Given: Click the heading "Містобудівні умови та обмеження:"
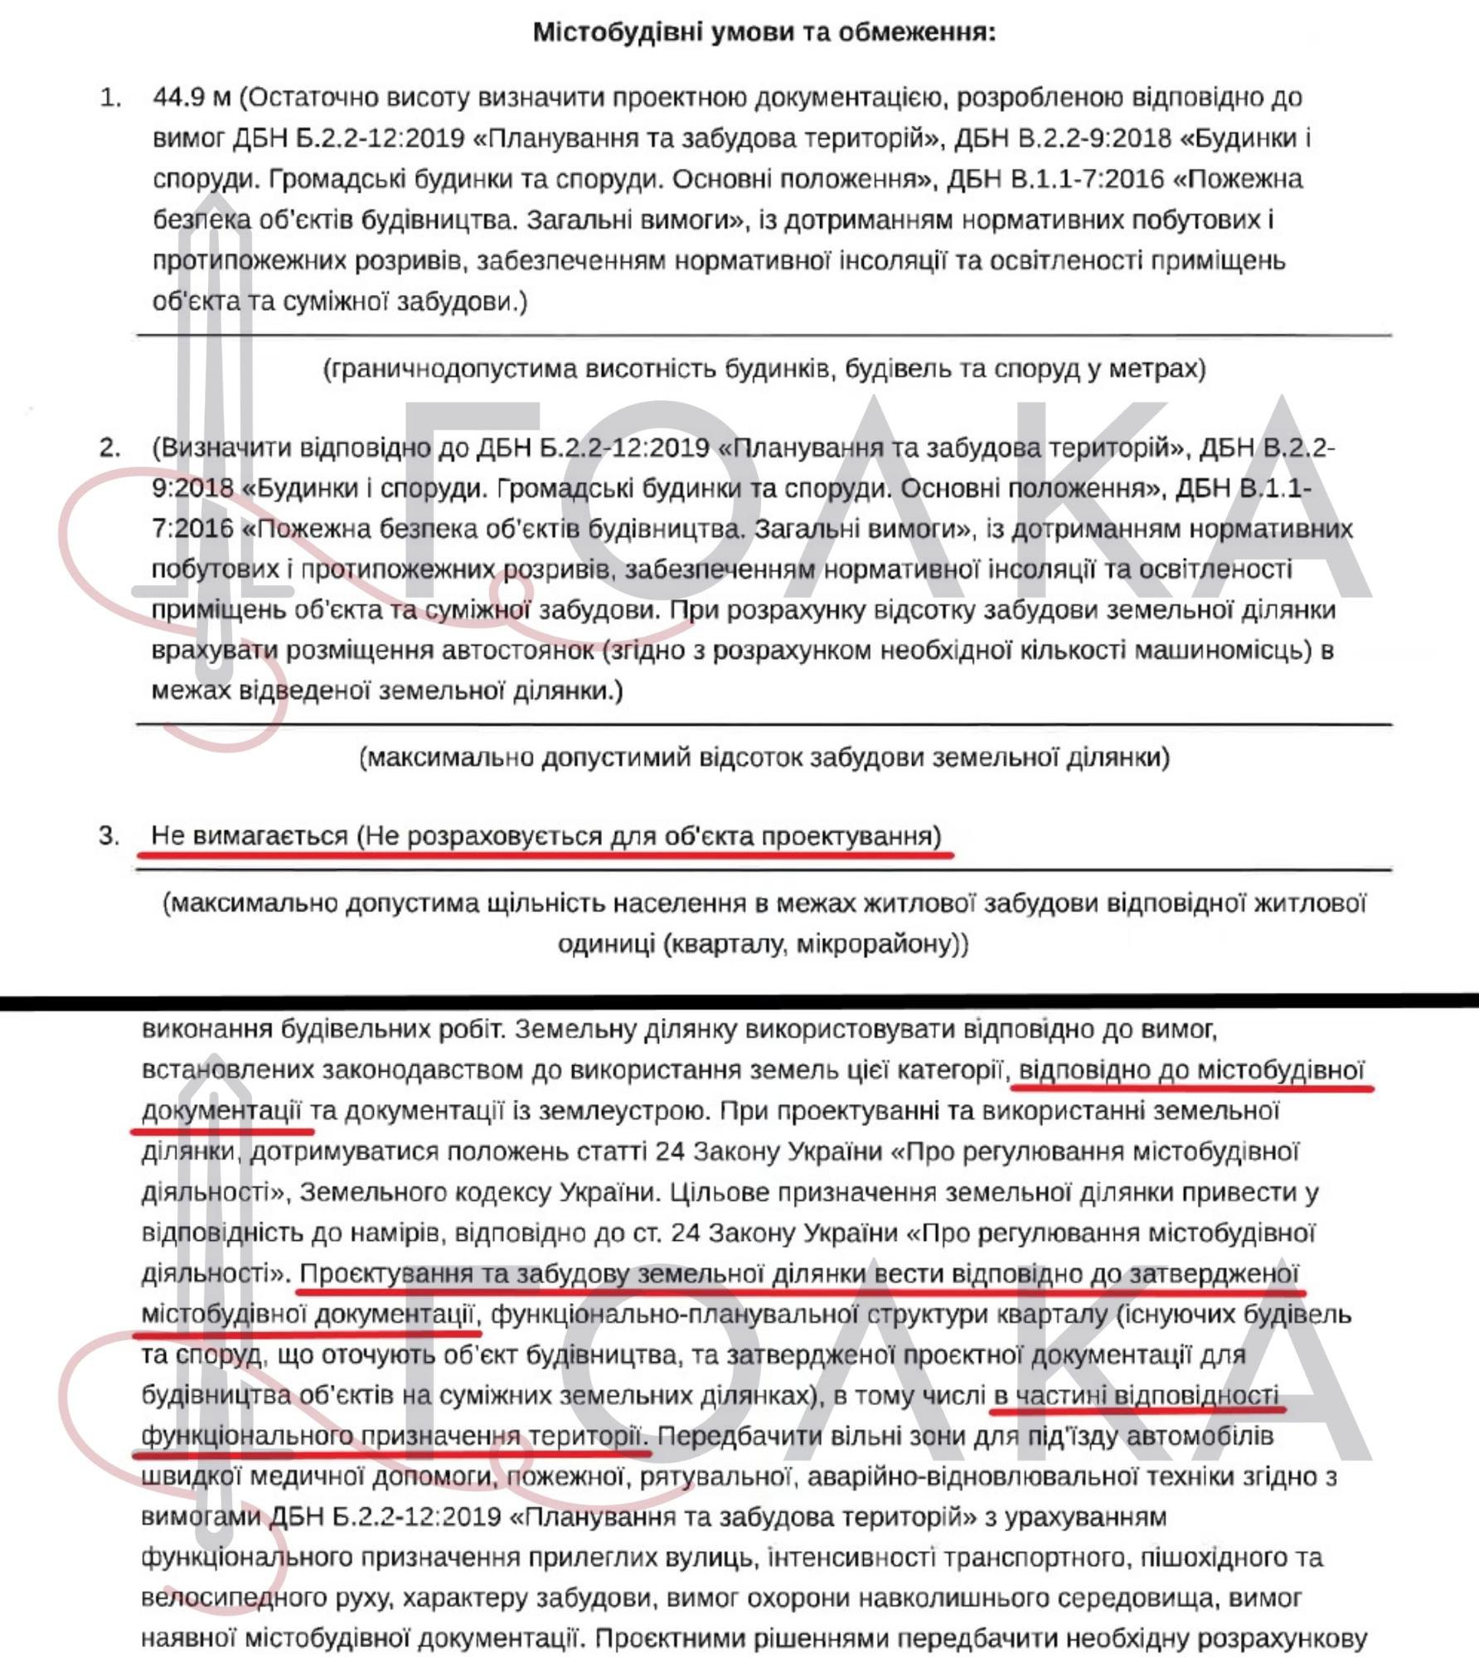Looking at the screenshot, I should (764, 32).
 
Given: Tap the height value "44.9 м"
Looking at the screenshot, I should (192, 98).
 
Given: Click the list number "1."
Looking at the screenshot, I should (111, 98).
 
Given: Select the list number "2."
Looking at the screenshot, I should (111, 448).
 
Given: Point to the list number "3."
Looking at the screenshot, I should (111, 836).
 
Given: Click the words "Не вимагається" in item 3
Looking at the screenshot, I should (250, 836).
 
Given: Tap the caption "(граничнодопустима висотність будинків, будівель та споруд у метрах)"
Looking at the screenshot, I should (764, 368).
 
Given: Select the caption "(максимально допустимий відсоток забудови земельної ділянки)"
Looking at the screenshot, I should (764, 758).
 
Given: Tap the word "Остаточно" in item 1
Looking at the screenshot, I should (318, 98).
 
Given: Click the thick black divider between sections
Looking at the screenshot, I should (739, 1001).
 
